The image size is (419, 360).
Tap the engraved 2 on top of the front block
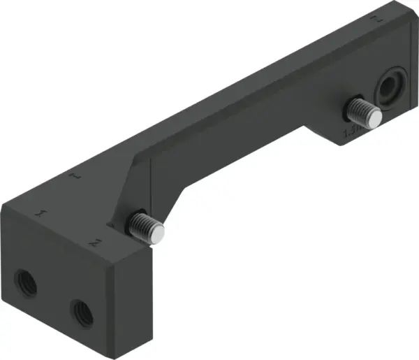click(x=94, y=242)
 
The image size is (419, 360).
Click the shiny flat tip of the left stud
click(x=160, y=233)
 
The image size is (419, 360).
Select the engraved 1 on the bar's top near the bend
click(x=77, y=178)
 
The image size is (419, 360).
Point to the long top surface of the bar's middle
click(x=230, y=105)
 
